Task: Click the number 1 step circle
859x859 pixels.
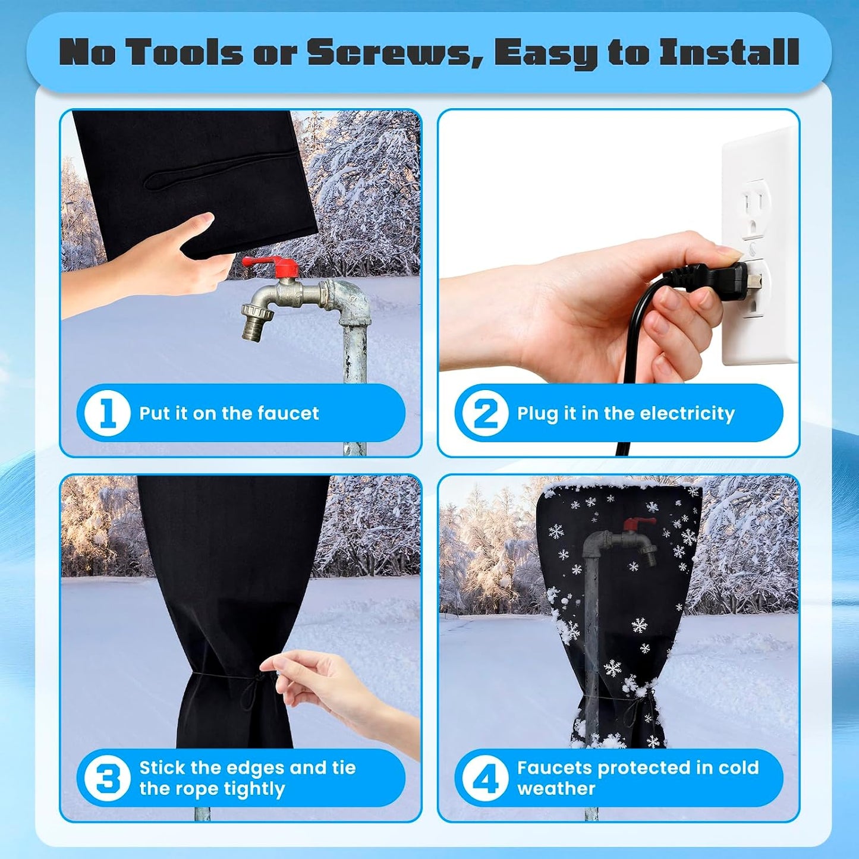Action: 107,413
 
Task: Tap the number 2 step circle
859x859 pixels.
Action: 485,413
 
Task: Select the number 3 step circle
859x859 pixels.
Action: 107,778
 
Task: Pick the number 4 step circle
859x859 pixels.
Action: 485,778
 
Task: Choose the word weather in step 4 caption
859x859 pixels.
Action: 556,789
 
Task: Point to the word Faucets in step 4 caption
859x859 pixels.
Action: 553,767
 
